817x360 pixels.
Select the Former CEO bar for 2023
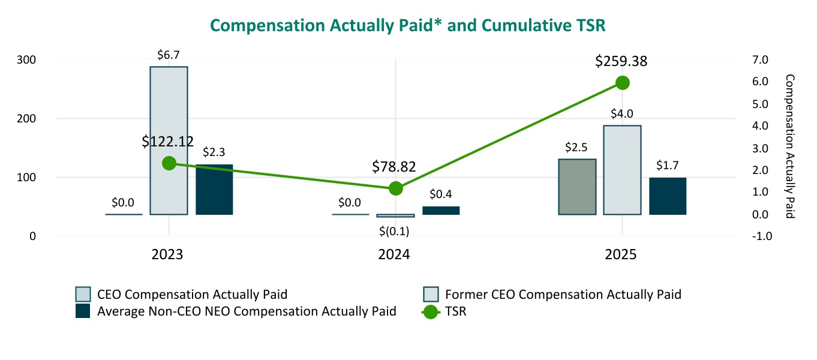click(169, 140)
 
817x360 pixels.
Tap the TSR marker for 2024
click(395, 188)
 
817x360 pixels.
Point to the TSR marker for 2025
click(622, 83)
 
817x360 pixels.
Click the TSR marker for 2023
click(169, 163)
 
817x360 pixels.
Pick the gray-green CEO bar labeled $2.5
click(577, 187)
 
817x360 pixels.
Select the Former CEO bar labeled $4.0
click(622, 170)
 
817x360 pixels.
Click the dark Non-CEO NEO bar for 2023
click(214, 189)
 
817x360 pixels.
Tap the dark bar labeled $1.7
click(668, 196)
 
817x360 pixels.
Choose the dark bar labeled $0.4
click(441, 211)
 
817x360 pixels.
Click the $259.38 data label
click(621, 61)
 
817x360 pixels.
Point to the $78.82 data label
click(394, 166)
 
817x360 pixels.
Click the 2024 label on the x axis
click(394, 254)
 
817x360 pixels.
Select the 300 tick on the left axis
click(27, 59)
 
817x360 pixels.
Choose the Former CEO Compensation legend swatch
click(432, 294)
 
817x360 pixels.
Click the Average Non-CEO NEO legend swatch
click(83, 311)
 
